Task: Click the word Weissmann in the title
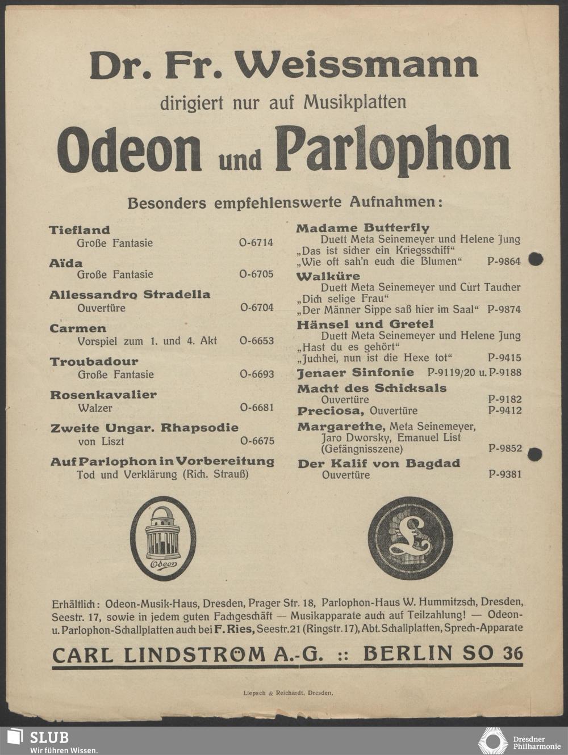click(x=357, y=66)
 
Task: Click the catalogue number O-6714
click(x=256, y=243)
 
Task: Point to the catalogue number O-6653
click(x=257, y=341)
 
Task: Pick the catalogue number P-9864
click(x=504, y=261)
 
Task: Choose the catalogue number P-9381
click(x=504, y=475)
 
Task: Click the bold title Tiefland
click(x=80, y=230)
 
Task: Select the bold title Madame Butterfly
click(x=363, y=228)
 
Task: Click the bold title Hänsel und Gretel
click(x=365, y=324)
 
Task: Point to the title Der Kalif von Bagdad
click(x=379, y=463)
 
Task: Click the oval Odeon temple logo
click(x=163, y=538)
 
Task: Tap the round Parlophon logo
click(x=410, y=538)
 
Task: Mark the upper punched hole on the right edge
click(x=536, y=259)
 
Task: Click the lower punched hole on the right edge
click(x=534, y=454)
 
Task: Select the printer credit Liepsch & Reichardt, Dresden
click(x=288, y=693)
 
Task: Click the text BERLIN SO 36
click(x=442, y=653)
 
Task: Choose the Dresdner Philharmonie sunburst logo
click(x=492, y=741)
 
